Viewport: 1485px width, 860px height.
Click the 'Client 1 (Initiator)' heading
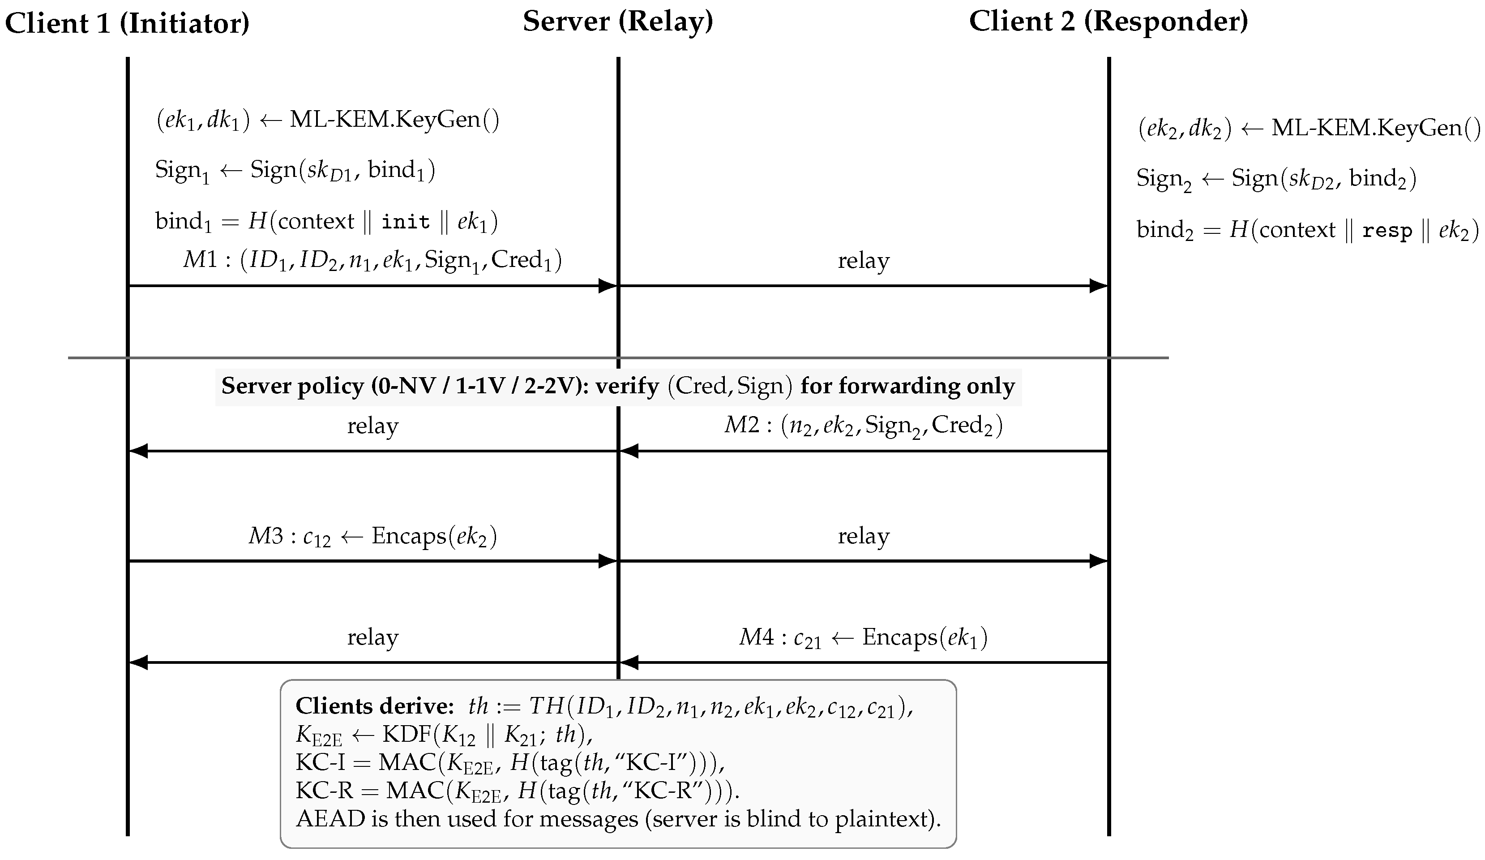[x=127, y=24]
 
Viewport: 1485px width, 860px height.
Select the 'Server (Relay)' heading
[x=618, y=22]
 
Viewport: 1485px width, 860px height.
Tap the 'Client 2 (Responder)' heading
[x=1108, y=22]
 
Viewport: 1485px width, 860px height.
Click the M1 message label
[x=372, y=260]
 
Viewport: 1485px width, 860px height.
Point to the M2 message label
[x=863, y=425]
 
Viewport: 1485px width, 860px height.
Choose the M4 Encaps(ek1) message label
[x=863, y=638]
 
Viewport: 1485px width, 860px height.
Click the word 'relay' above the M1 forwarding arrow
[x=863, y=261]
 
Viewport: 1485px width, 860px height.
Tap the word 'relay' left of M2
[x=372, y=426]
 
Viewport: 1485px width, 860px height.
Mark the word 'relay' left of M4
[x=372, y=637]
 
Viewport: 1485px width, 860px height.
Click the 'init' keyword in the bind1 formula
[x=406, y=222]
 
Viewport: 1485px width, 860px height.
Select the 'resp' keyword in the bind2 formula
[x=1387, y=231]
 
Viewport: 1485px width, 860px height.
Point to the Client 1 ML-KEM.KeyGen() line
[x=328, y=120]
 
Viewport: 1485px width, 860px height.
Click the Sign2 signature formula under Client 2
[x=1276, y=179]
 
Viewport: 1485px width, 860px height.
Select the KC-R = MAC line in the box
[x=518, y=791]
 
